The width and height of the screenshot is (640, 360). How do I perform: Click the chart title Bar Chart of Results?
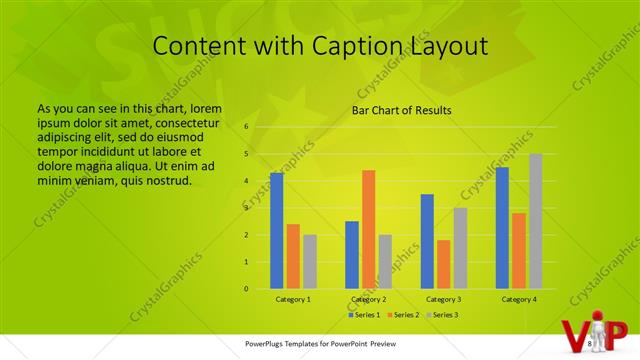coord(401,110)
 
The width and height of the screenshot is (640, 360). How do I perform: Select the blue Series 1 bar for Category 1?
coord(276,230)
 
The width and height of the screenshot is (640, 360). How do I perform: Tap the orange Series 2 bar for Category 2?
coord(369,229)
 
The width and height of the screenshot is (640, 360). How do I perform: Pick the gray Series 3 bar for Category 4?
coord(536,221)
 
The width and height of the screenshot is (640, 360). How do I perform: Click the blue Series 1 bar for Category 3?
coord(427,241)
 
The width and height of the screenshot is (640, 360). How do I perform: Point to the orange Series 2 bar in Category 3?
coord(443,264)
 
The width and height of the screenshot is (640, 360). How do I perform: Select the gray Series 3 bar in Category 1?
coord(310,262)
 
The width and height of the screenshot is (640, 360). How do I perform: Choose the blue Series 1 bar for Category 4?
coord(502,228)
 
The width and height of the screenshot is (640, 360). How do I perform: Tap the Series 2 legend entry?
coord(402,315)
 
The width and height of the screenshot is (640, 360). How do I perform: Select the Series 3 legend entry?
coord(442,315)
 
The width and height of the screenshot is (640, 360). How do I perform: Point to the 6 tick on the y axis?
coord(246,127)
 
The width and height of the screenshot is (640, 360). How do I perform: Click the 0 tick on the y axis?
coord(246,289)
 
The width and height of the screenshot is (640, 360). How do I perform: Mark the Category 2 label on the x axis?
coord(369,299)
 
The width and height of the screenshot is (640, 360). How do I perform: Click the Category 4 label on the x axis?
coord(519,299)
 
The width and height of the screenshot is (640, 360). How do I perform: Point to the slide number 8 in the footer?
coord(591,344)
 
